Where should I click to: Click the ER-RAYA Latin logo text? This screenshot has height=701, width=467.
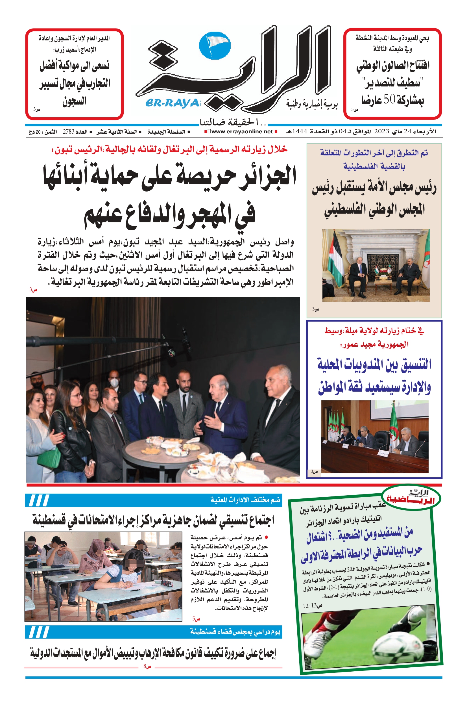click(x=172, y=103)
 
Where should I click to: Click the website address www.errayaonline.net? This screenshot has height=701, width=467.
click(x=242, y=131)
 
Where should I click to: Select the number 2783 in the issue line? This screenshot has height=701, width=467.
click(x=68, y=132)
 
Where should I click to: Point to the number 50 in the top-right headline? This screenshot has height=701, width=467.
click(x=389, y=99)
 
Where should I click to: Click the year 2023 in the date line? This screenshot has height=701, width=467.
click(x=381, y=131)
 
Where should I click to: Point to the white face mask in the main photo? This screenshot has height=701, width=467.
click(x=114, y=382)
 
